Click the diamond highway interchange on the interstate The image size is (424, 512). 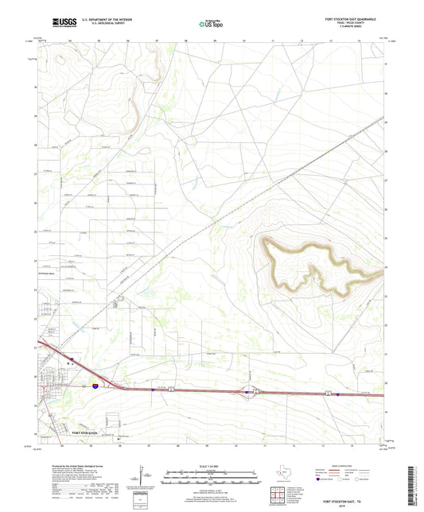click(253, 390)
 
